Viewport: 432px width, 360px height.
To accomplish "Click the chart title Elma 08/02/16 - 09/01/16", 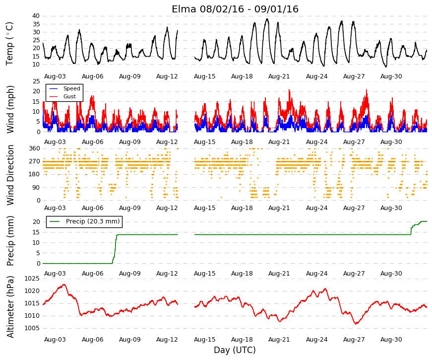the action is click(235, 9).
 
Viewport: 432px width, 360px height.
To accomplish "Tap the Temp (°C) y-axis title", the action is click(9, 44).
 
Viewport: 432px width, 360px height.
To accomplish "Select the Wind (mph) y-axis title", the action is click(10, 109).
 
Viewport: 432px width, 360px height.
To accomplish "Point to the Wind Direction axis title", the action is click(10, 175).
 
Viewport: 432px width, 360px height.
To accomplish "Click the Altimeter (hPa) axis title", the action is click(10, 307).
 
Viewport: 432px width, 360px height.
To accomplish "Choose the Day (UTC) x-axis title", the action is click(235, 350).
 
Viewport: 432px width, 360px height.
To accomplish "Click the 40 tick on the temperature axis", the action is click(36, 16).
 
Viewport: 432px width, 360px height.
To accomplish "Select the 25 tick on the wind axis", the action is click(36, 81).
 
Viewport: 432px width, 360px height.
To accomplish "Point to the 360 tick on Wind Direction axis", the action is click(34, 148).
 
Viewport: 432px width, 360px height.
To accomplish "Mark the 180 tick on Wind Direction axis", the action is click(34, 174).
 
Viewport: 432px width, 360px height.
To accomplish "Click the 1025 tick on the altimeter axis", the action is click(32, 279).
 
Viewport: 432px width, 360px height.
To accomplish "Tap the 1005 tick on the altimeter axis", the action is click(32, 328).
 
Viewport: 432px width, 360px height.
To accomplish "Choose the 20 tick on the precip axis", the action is click(36, 222).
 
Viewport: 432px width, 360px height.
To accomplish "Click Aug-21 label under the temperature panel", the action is click(279, 76).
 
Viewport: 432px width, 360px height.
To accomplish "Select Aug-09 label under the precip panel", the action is click(130, 274).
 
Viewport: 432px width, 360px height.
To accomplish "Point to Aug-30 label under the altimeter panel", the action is click(391, 340).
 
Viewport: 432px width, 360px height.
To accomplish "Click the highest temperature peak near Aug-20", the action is click(267, 19).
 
